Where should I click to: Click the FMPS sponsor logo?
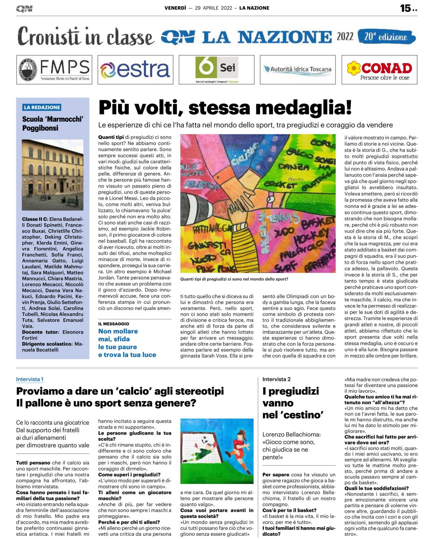tap(54, 70)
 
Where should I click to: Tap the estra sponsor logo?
tap(135, 70)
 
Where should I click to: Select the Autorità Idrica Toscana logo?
tap(297, 70)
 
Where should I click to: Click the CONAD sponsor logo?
tap(379, 70)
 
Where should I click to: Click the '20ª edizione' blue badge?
tap(386, 37)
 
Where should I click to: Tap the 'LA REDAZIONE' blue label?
tap(42, 107)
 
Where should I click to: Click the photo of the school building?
tap(53, 175)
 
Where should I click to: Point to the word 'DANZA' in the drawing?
tap(293, 167)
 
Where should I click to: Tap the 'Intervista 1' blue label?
tap(30, 379)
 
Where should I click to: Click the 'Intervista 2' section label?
tap(276, 379)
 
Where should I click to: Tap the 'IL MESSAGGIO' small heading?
tap(113, 324)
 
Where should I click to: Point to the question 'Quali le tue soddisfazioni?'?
tap(376, 488)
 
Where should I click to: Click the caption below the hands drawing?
tap(234, 279)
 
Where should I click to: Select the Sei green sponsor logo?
tap(217, 69)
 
